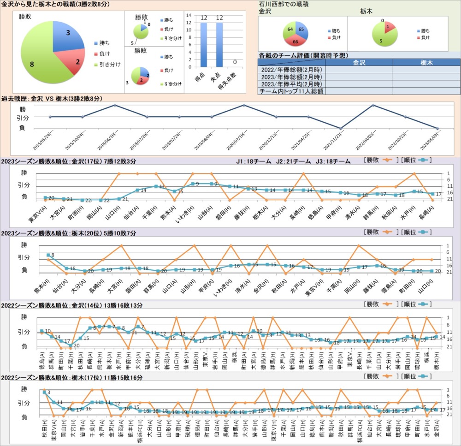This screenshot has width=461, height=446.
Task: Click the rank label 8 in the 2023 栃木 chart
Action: pyautogui.click(x=53, y=255)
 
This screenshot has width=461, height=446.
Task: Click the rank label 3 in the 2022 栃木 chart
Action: pyautogui.click(x=48, y=392)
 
